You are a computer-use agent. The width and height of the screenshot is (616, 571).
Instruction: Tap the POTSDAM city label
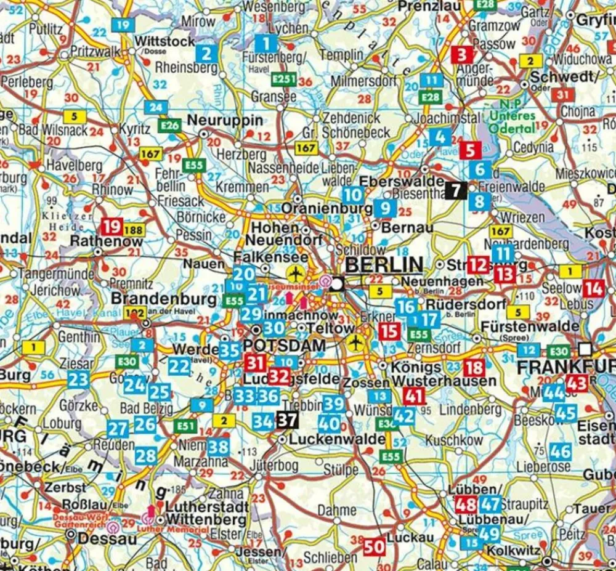[285, 346]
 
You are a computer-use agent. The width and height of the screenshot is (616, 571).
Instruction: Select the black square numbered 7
[455, 190]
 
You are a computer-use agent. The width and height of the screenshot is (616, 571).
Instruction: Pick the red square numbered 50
[374, 546]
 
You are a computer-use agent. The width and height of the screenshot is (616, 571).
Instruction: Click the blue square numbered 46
[561, 451]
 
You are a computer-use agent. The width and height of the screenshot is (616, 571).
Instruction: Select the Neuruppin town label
[225, 120]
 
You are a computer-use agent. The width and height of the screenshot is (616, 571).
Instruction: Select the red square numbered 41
[415, 395]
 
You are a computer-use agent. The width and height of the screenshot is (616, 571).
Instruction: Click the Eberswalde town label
[401, 182]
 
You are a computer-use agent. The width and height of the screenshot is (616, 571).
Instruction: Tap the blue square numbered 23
[79, 379]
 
